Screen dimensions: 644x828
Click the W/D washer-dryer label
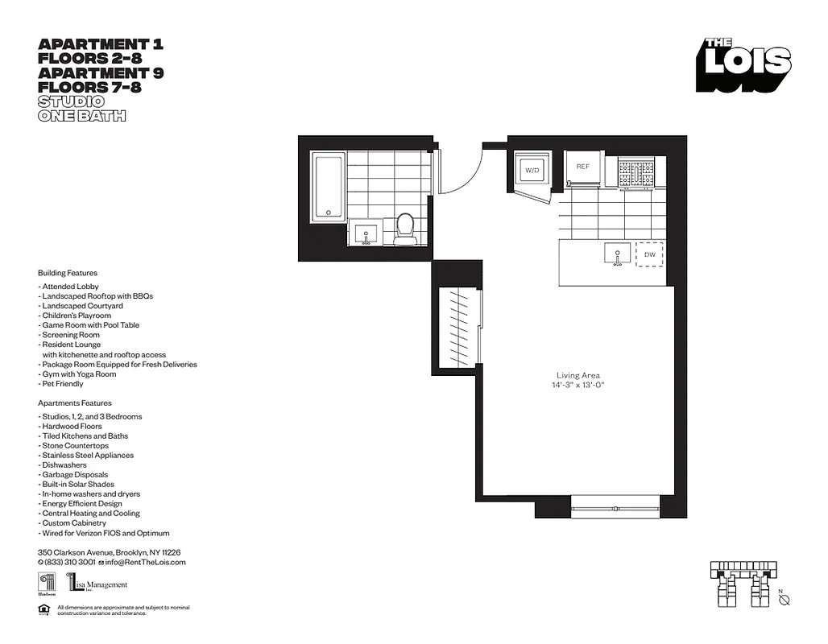click(x=532, y=171)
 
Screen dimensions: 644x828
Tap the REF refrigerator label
click(x=582, y=167)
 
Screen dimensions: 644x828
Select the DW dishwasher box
click(x=649, y=254)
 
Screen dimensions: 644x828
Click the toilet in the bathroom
click(x=405, y=227)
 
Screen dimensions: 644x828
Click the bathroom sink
click(x=366, y=234)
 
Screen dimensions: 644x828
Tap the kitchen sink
click(x=618, y=254)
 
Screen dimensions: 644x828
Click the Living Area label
click(x=578, y=375)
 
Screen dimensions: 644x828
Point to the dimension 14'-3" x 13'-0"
click(x=578, y=385)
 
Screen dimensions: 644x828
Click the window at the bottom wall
click(x=615, y=508)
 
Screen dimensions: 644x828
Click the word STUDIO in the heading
click(x=71, y=101)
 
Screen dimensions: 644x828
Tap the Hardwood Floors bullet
click(x=70, y=427)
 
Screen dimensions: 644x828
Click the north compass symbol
click(x=785, y=600)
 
